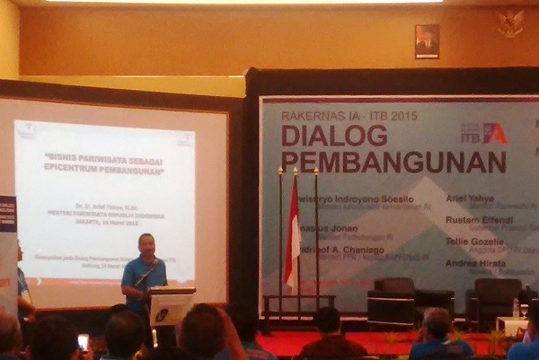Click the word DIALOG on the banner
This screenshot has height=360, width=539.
click(x=334, y=136)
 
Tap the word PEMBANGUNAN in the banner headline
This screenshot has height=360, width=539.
click(x=393, y=162)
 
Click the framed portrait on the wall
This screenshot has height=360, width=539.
click(x=427, y=41)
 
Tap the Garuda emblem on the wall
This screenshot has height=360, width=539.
click(x=510, y=23)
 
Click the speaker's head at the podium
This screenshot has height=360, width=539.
click(x=146, y=244)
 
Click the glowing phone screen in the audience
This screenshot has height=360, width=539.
click(x=84, y=341)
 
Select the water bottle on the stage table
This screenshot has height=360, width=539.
click(x=516, y=308)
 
